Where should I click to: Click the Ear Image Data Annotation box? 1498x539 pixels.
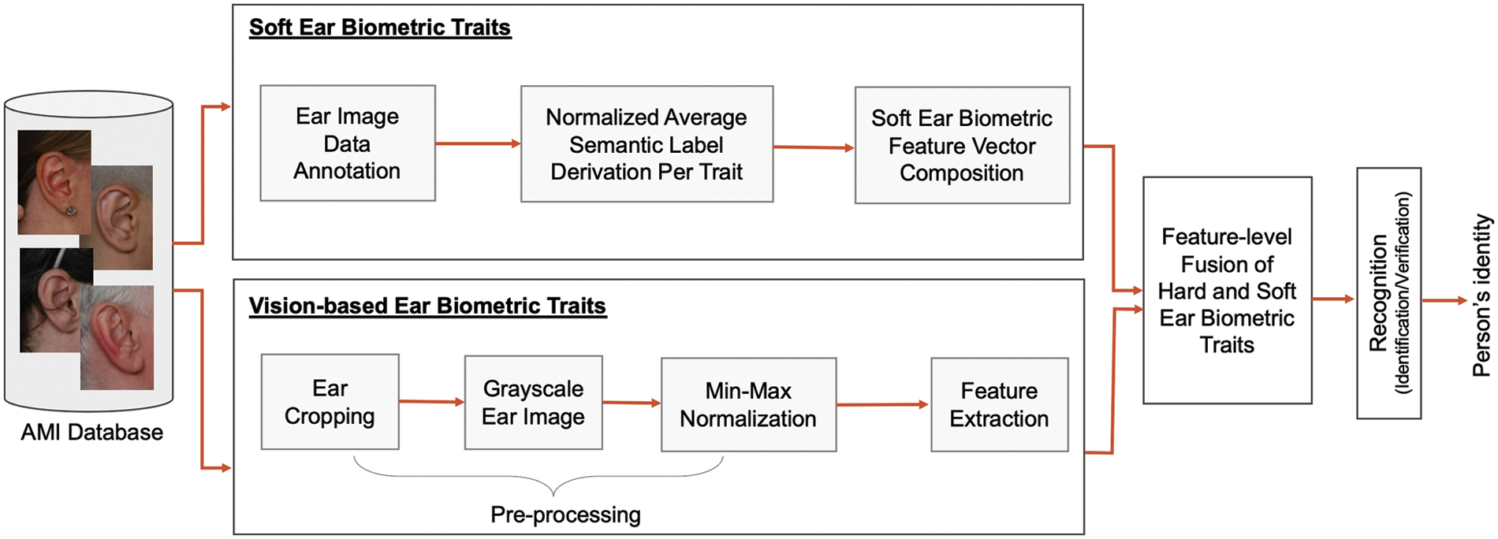tap(347, 143)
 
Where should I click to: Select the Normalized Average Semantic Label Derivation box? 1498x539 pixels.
tap(647, 144)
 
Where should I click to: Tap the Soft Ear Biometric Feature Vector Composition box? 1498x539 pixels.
tap(962, 146)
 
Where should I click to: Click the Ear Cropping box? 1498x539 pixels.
tap(330, 402)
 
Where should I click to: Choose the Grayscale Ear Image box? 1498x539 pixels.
tap(533, 403)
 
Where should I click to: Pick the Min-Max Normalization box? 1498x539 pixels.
tap(748, 405)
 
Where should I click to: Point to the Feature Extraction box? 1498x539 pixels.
tap(999, 405)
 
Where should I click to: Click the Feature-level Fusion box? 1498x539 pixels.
tap(1227, 290)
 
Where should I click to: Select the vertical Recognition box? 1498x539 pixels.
tap(1388, 293)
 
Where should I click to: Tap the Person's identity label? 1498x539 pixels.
tap(1481, 296)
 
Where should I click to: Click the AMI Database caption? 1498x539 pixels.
tap(91, 433)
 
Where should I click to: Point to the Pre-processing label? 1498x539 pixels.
tap(565, 515)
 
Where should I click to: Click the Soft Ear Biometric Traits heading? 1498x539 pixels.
tap(380, 28)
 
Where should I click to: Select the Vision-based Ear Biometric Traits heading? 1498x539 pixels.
tap(427, 306)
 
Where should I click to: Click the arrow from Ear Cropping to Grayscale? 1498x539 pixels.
tap(431, 402)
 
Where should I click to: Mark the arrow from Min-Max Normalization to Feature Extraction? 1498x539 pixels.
tap(882, 405)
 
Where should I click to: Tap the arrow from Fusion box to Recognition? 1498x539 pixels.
tap(1333, 299)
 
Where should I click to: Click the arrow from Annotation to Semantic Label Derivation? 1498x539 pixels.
tap(478, 143)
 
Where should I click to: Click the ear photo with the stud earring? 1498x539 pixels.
tap(54, 183)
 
